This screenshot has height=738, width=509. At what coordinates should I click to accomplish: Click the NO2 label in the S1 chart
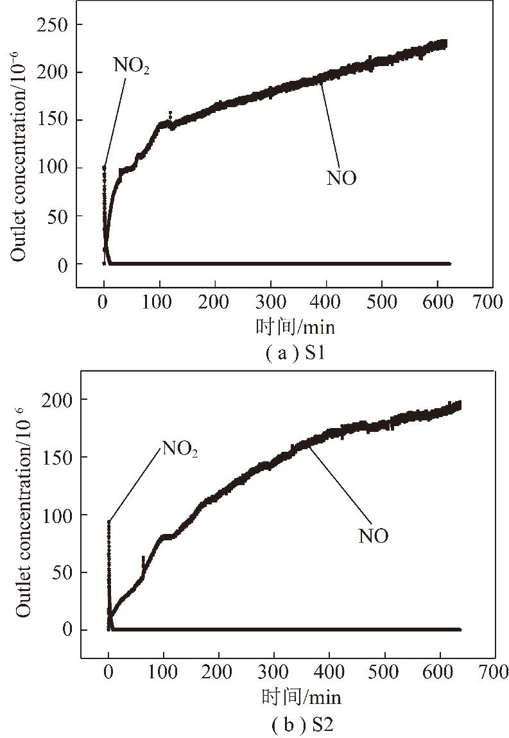click(x=132, y=65)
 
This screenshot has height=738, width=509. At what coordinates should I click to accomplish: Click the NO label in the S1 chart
click(x=341, y=178)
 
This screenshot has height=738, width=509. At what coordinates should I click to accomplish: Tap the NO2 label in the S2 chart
click(x=180, y=449)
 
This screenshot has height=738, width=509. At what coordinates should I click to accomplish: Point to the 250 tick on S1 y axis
click(x=55, y=24)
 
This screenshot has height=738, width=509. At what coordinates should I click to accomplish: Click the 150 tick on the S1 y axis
click(x=55, y=120)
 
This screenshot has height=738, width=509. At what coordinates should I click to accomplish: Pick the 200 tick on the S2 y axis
click(x=58, y=399)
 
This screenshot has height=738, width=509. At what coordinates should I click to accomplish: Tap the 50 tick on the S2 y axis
click(x=62, y=572)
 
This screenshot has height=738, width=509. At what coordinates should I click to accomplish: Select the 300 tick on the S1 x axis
click(x=271, y=303)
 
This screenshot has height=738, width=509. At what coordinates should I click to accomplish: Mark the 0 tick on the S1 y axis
click(x=62, y=264)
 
